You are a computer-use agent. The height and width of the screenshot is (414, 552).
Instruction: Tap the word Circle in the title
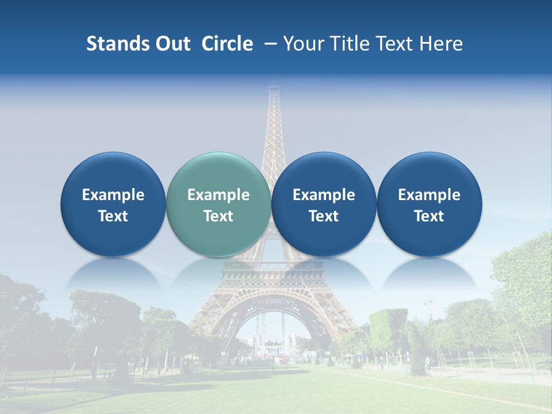click(227, 44)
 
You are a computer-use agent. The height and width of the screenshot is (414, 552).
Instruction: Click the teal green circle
click(218, 204)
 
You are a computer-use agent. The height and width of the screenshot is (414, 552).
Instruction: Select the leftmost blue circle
click(113, 204)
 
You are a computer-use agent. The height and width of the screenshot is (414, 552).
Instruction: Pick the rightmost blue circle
click(429, 204)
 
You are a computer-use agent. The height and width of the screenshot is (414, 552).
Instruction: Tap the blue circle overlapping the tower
click(324, 204)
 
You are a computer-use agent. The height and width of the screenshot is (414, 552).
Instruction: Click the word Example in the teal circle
click(218, 195)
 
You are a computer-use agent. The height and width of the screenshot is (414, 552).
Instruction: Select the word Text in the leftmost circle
click(113, 216)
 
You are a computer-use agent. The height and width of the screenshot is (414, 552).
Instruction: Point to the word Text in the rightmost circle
click(429, 216)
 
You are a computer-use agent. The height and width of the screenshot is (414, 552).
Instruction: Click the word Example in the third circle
click(324, 195)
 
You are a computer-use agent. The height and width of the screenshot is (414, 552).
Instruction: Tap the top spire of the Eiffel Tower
click(274, 86)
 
